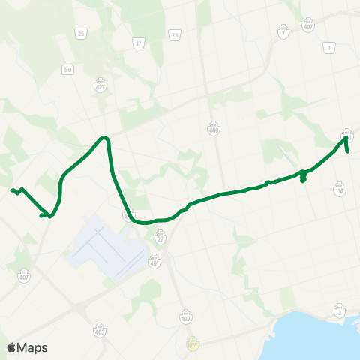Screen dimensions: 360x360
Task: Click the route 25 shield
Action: (80, 33)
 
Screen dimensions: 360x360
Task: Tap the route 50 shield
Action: (68, 69)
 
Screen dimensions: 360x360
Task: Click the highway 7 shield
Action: (283, 34)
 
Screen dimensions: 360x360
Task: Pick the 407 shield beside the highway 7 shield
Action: (307, 28)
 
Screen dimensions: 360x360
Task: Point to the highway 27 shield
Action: (160, 238)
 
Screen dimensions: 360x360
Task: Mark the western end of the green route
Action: (11, 190)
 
